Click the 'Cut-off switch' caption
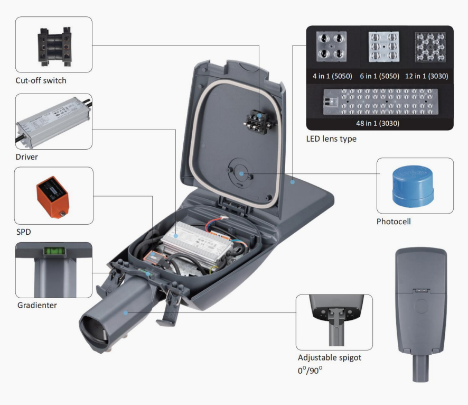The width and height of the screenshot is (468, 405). click(41, 81)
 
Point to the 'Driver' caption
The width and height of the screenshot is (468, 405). click(27, 157)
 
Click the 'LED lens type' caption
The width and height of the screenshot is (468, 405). click(331, 139)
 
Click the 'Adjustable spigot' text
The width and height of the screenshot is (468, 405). click(329, 357)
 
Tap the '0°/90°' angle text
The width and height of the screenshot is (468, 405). click(310, 370)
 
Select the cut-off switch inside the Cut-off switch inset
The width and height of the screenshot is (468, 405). click(54, 45)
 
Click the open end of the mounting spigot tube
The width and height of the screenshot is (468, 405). click(95, 330)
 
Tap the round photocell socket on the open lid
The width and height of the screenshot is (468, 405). click(240, 172)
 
